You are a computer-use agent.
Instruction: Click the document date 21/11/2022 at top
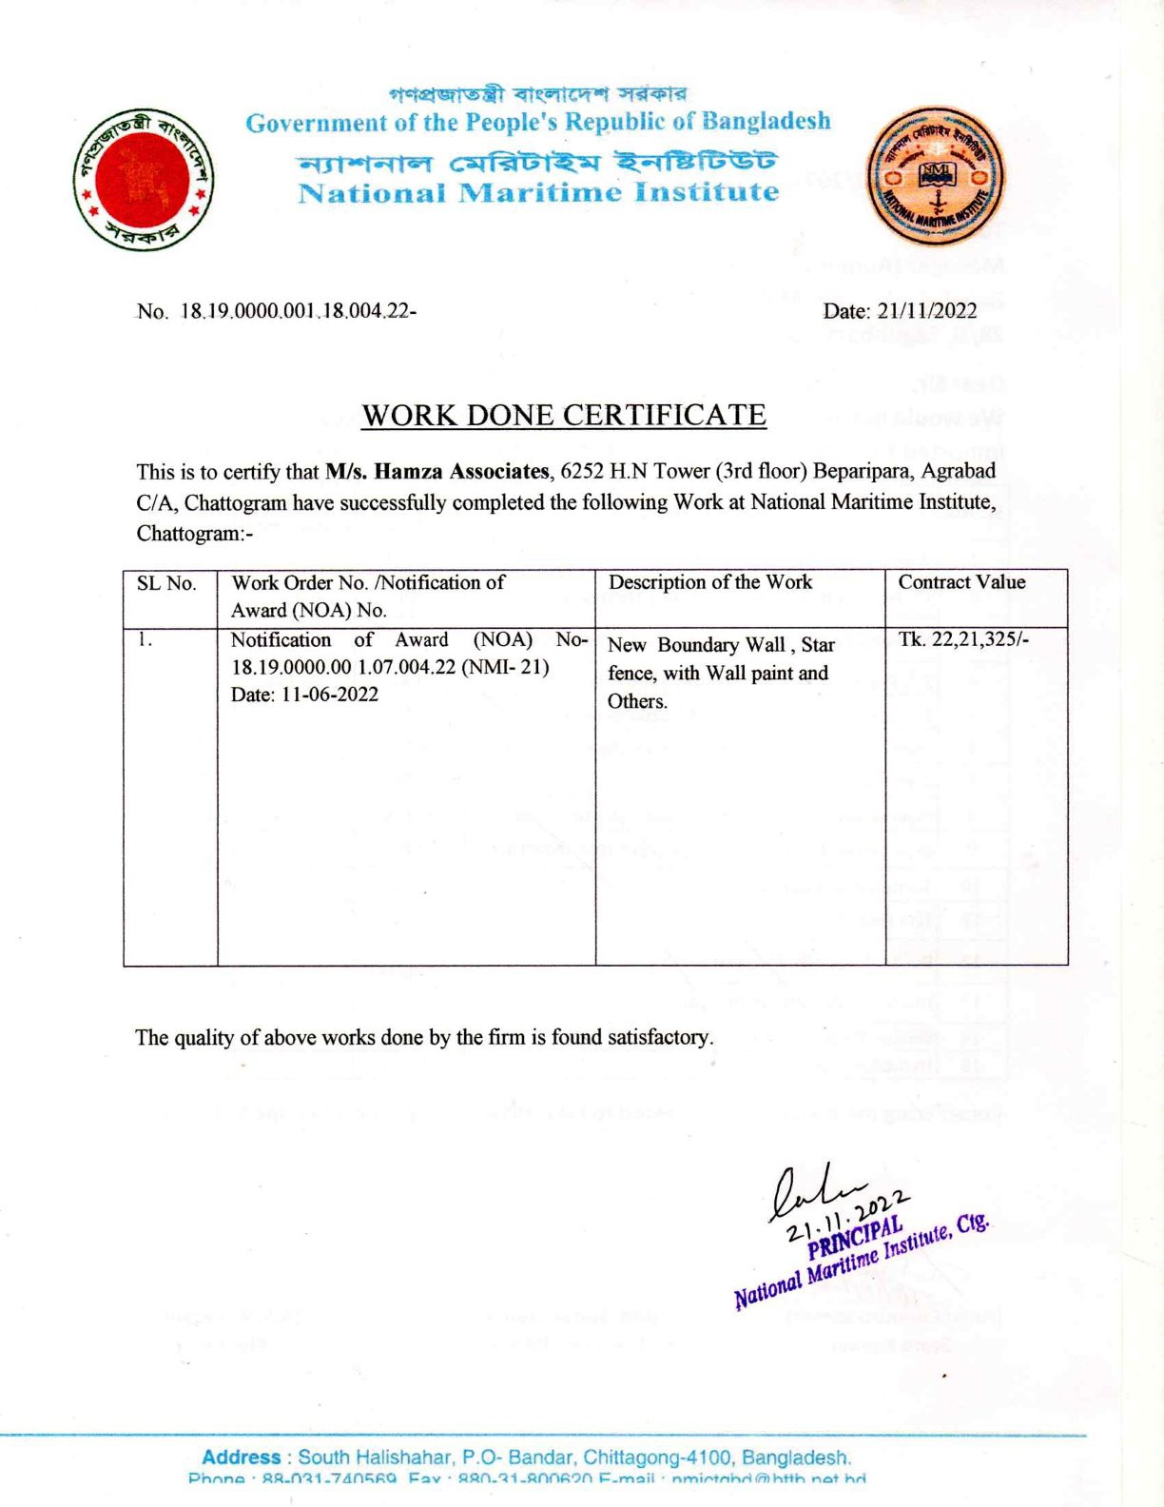click(x=900, y=311)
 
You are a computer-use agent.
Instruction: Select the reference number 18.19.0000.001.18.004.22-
click(x=298, y=312)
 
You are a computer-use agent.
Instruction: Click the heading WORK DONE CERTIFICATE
click(x=564, y=416)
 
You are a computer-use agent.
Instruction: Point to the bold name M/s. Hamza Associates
click(x=437, y=472)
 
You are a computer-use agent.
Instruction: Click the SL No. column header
click(x=166, y=583)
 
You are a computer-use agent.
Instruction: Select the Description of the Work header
click(x=710, y=582)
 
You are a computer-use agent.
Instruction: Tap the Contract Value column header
click(x=961, y=582)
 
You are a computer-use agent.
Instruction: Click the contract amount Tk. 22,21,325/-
click(x=963, y=639)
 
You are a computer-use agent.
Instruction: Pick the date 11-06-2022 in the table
click(x=330, y=695)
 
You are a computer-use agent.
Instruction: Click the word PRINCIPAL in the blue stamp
click(x=854, y=1235)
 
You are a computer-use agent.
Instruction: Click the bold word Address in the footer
click(x=241, y=1458)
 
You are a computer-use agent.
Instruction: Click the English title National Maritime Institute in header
click(x=538, y=193)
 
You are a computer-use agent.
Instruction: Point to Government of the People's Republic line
click(x=538, y=123)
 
